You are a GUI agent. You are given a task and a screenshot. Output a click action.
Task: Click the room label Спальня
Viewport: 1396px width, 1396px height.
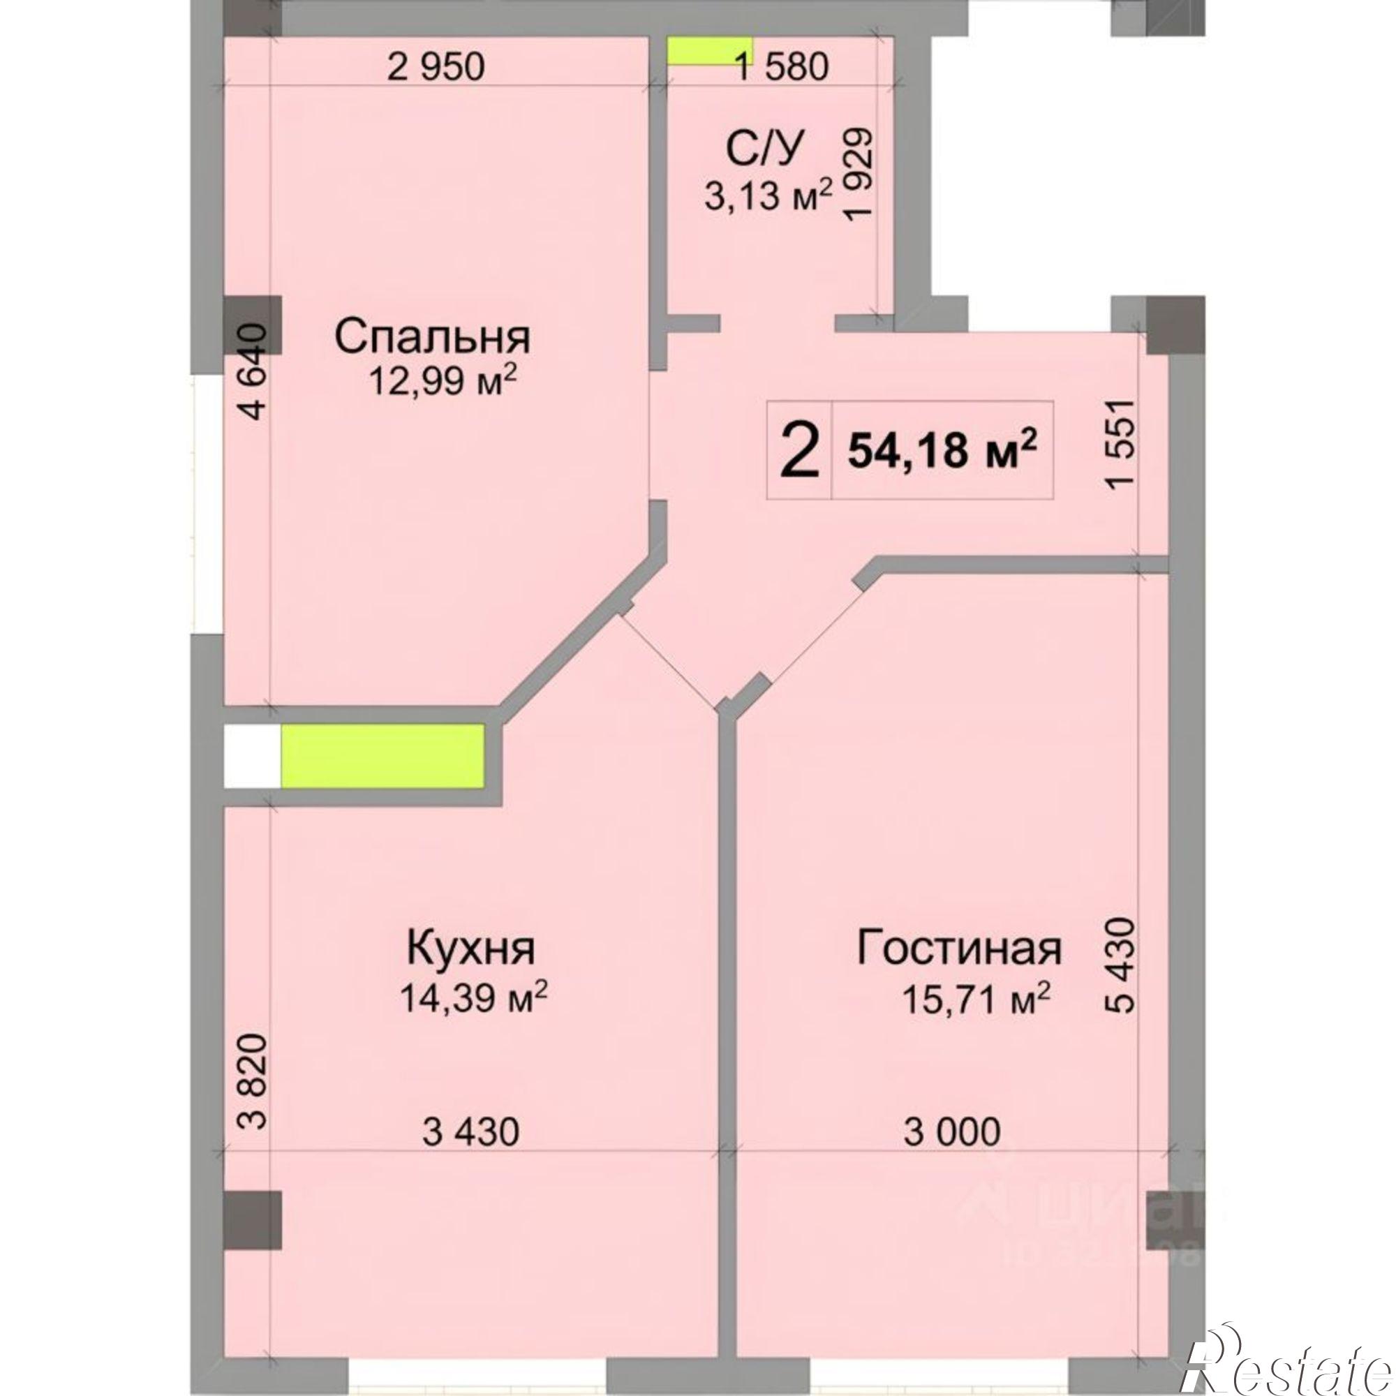click(x=432, y=337)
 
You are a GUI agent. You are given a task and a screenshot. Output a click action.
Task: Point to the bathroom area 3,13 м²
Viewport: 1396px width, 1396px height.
click(x=768, y=195)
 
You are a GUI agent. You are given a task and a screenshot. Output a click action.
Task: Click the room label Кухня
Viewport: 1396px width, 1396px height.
click(x=471, y=949)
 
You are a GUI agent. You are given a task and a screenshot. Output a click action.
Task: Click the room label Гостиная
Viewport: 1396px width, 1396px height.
click(x=959, y=949)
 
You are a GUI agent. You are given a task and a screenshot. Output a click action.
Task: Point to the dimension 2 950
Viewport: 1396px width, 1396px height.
click(x=436, y=67)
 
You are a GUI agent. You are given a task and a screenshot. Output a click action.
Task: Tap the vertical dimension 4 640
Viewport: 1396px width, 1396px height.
click(x=255, y=372)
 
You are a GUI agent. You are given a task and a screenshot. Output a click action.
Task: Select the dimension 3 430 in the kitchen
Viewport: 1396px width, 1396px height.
click(x=470, y=1131)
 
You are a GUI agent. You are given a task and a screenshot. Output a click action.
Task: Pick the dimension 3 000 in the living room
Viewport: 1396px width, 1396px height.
click(x=952, y=1131)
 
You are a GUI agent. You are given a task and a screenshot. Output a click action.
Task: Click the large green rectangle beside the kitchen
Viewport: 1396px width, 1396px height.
click(x=383, y=755)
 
